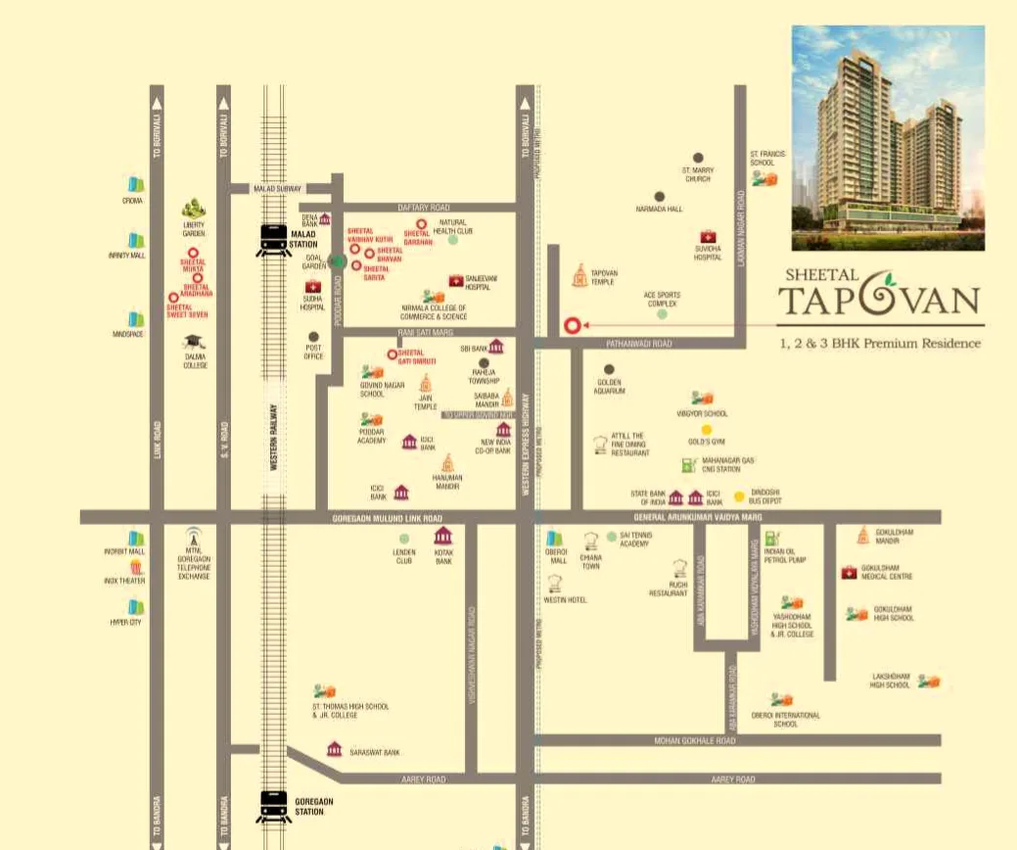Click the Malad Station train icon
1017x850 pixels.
pos(273,240)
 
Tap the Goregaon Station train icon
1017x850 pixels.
pos(273,806)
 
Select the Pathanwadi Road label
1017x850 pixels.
pos(638,344)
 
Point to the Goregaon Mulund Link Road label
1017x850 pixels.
pos(388,517)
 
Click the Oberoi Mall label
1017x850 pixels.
pos(556,557)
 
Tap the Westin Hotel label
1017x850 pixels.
pos(565,599)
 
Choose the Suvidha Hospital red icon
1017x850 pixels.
pos(707,236)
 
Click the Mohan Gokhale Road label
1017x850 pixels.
pos(694,741)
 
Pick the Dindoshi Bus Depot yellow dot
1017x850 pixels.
pos(739,496)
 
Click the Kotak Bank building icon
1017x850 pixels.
pos(443,536)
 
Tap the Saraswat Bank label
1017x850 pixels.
pos(377,752)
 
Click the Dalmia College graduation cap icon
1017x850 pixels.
pos(194,342)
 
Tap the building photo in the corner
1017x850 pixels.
pos(888,138)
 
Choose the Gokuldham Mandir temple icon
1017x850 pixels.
pos(863,535)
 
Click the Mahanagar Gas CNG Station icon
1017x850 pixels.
pos(689,464)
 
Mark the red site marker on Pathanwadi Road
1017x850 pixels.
pos(572,326)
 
